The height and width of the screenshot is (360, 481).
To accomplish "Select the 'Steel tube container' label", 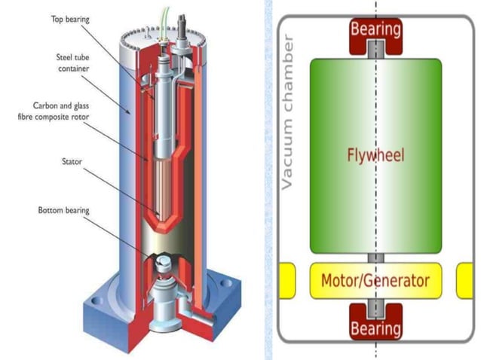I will [73, 63].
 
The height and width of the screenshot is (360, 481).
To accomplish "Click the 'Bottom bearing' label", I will [63, 211].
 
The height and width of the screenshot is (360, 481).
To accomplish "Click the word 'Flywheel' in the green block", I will [375, 155].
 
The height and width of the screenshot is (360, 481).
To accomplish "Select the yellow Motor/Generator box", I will [375, 281].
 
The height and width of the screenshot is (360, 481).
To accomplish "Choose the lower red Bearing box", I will [375, 327].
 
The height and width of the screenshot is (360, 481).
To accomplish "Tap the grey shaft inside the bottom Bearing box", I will [375, 310].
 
